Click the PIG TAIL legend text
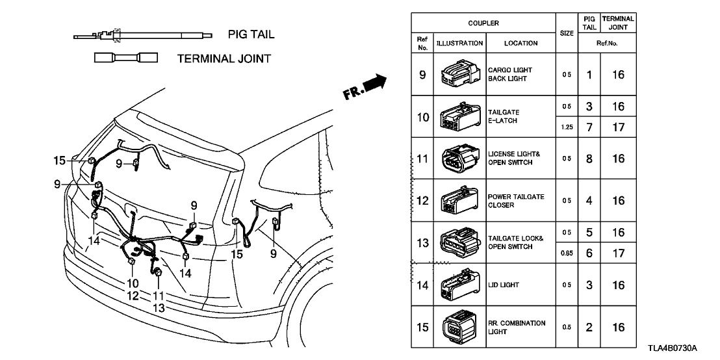pos(251,34)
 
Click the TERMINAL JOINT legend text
pos(224,58)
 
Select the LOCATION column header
pos(520,44)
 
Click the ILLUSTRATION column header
pos(459,44)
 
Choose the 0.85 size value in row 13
pos(567,254)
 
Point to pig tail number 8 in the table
pos(589,158)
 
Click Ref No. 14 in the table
pos(422,285)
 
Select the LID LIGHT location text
pos(504,285)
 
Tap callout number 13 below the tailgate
pos(158,308)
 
